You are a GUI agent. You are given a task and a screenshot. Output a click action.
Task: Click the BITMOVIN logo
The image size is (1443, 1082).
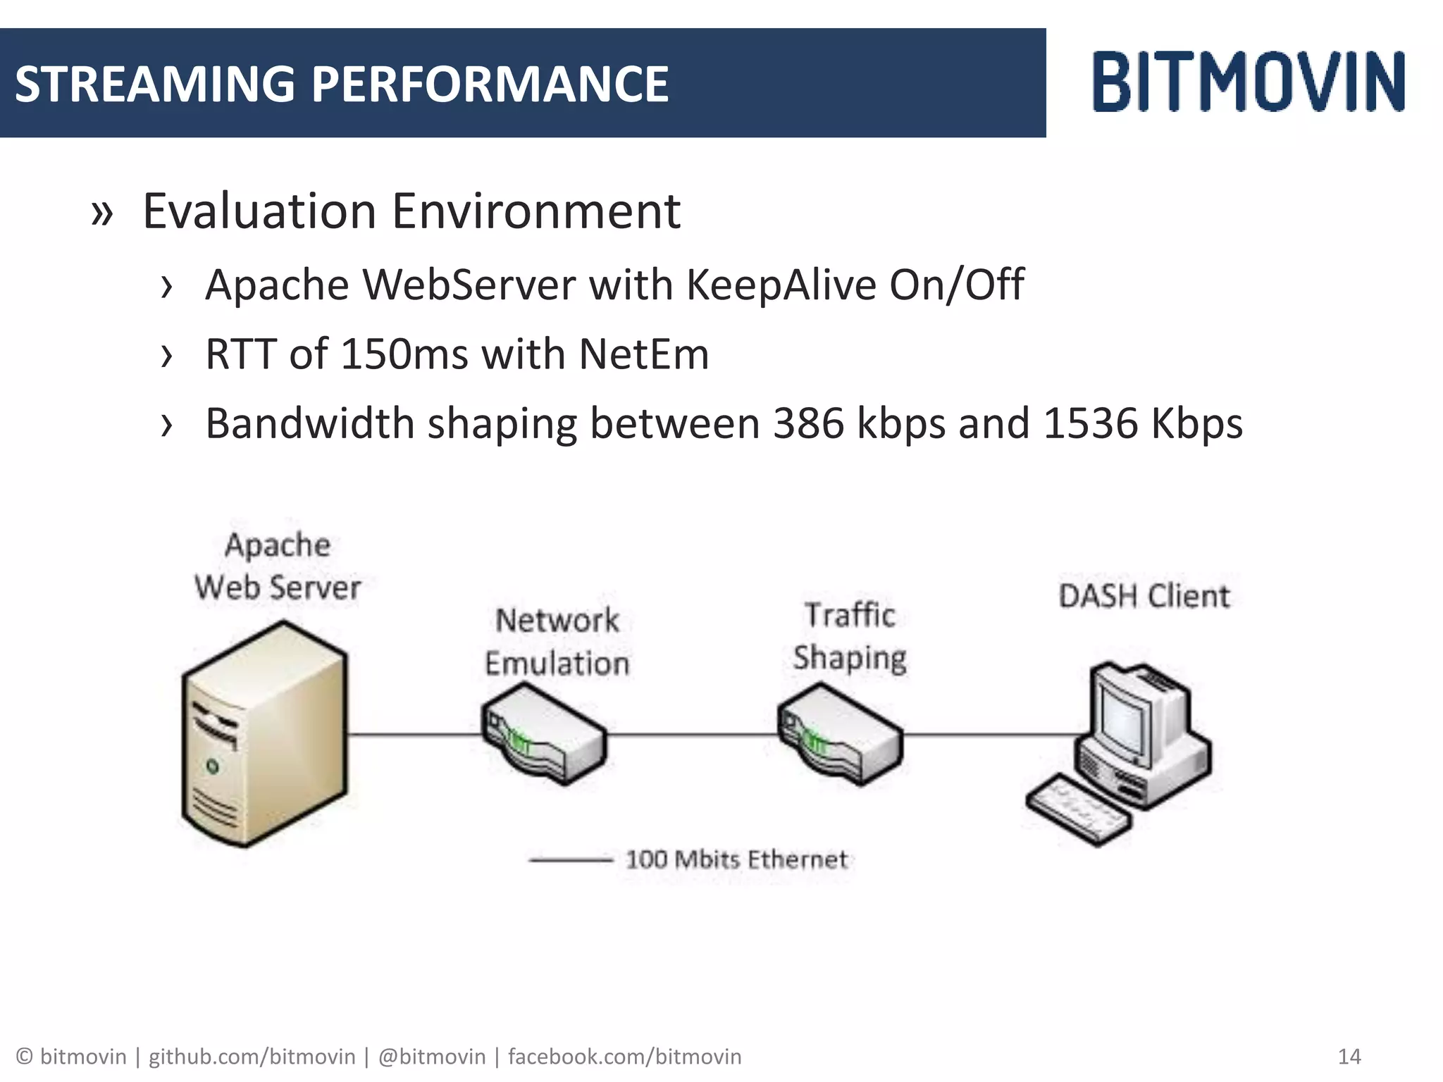(1249, 82)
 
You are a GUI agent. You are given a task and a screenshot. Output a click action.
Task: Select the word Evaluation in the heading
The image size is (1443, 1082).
(260, 211)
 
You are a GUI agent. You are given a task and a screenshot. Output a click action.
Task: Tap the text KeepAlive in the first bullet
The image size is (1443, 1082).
(781, 285)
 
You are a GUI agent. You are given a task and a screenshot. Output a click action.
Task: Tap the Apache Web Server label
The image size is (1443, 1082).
(278, 566)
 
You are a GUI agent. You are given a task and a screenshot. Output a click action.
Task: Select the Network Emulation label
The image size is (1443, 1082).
(557, 642)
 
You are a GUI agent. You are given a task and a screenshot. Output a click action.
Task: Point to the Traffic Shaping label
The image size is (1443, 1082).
(850, 636)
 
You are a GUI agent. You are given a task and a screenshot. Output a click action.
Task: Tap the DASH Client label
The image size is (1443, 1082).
(1144, 596)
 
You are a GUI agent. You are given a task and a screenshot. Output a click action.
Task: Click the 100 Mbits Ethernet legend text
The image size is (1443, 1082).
(736, 859)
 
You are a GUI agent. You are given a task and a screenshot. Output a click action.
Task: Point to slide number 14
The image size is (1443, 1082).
(1349, 1057)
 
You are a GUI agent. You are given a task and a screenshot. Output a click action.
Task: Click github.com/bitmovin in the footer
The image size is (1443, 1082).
(252, 1057)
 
